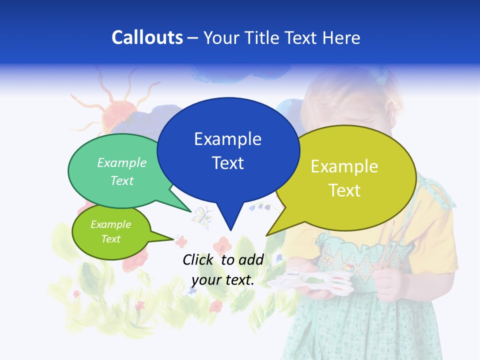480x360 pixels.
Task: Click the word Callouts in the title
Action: [x=147, y=38]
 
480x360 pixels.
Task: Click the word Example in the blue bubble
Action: [x=227, y=139]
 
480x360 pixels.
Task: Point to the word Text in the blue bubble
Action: [x=227, y=163]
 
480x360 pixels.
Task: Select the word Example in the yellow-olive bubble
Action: [x=344, y=166]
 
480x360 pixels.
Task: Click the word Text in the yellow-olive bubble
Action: [x=344, y=190]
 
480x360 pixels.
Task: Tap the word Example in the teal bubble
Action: [x=122, y=163]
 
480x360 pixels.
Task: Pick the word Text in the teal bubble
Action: [x=122, y=180]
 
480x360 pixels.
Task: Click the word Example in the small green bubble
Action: [x=110, y=224]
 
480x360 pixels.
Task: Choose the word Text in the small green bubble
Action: [x=110, y=239]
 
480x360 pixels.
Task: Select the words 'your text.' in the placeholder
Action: [x=223, y=280]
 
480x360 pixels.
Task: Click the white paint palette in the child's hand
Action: [x=298, y=282]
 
